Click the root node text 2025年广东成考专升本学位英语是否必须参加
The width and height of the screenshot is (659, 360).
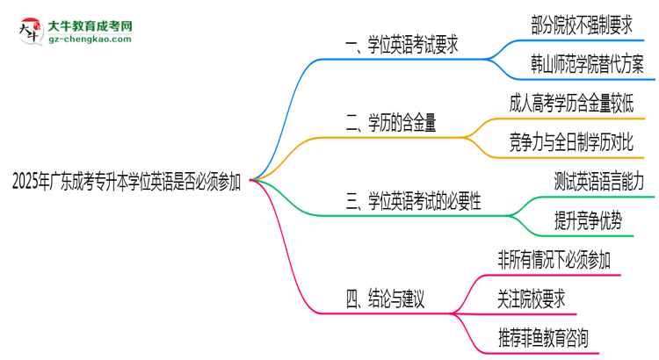click(127, 182)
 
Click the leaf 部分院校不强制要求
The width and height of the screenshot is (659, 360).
click(582, 25)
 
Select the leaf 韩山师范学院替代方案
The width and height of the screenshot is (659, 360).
click(587, 64)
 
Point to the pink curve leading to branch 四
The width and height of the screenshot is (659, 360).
click(290, 263)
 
